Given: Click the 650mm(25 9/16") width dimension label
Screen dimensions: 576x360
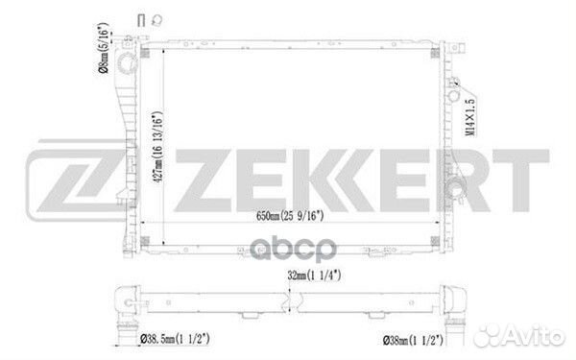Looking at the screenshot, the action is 290,216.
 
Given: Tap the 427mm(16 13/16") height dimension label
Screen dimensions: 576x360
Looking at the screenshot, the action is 157,147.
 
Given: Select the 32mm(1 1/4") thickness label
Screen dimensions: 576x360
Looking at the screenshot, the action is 314,276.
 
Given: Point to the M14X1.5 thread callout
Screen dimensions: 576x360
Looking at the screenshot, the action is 469,117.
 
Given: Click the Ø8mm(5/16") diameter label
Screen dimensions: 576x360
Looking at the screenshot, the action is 104,48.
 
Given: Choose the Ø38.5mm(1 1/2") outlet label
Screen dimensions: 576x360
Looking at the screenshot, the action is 176,339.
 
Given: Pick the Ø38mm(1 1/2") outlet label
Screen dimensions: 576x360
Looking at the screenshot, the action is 413,341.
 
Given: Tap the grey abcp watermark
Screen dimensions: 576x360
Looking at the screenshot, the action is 293,250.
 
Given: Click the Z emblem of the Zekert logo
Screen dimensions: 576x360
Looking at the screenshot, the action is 75,180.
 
